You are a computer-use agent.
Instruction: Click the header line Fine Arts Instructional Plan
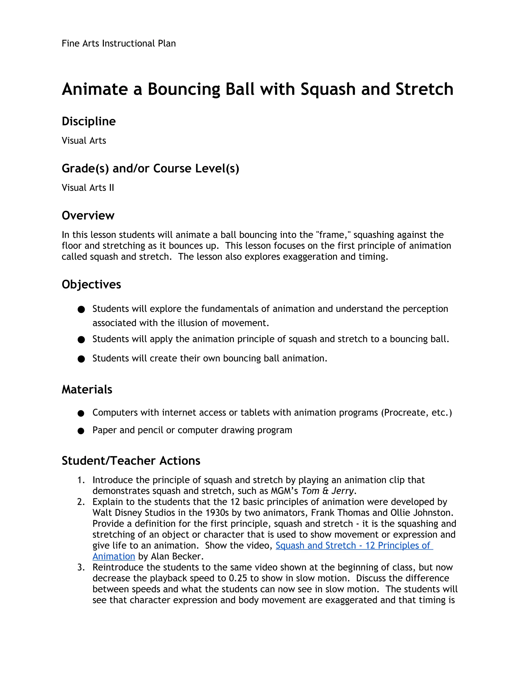[118, 43]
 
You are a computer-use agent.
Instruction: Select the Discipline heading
[89, 121]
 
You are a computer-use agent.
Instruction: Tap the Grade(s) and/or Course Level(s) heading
[150, 169]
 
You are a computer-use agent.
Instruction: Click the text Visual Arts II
[88, 188]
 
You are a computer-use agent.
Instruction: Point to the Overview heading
[88, 215]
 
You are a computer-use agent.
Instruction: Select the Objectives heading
[91, 284]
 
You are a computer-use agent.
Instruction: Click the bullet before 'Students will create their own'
[81, 359]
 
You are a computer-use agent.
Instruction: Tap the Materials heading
[87, 389]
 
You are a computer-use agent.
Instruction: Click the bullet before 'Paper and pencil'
[81, 431]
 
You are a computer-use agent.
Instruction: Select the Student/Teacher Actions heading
[131, 461]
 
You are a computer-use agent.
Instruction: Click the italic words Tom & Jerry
[328, 491]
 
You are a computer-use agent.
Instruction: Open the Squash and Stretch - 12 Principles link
[354, 545]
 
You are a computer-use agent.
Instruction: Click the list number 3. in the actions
[81, 567]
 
